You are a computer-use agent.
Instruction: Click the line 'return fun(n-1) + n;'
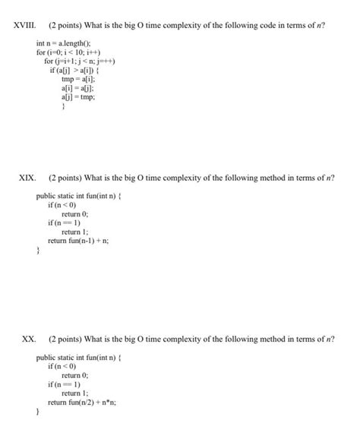78,241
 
